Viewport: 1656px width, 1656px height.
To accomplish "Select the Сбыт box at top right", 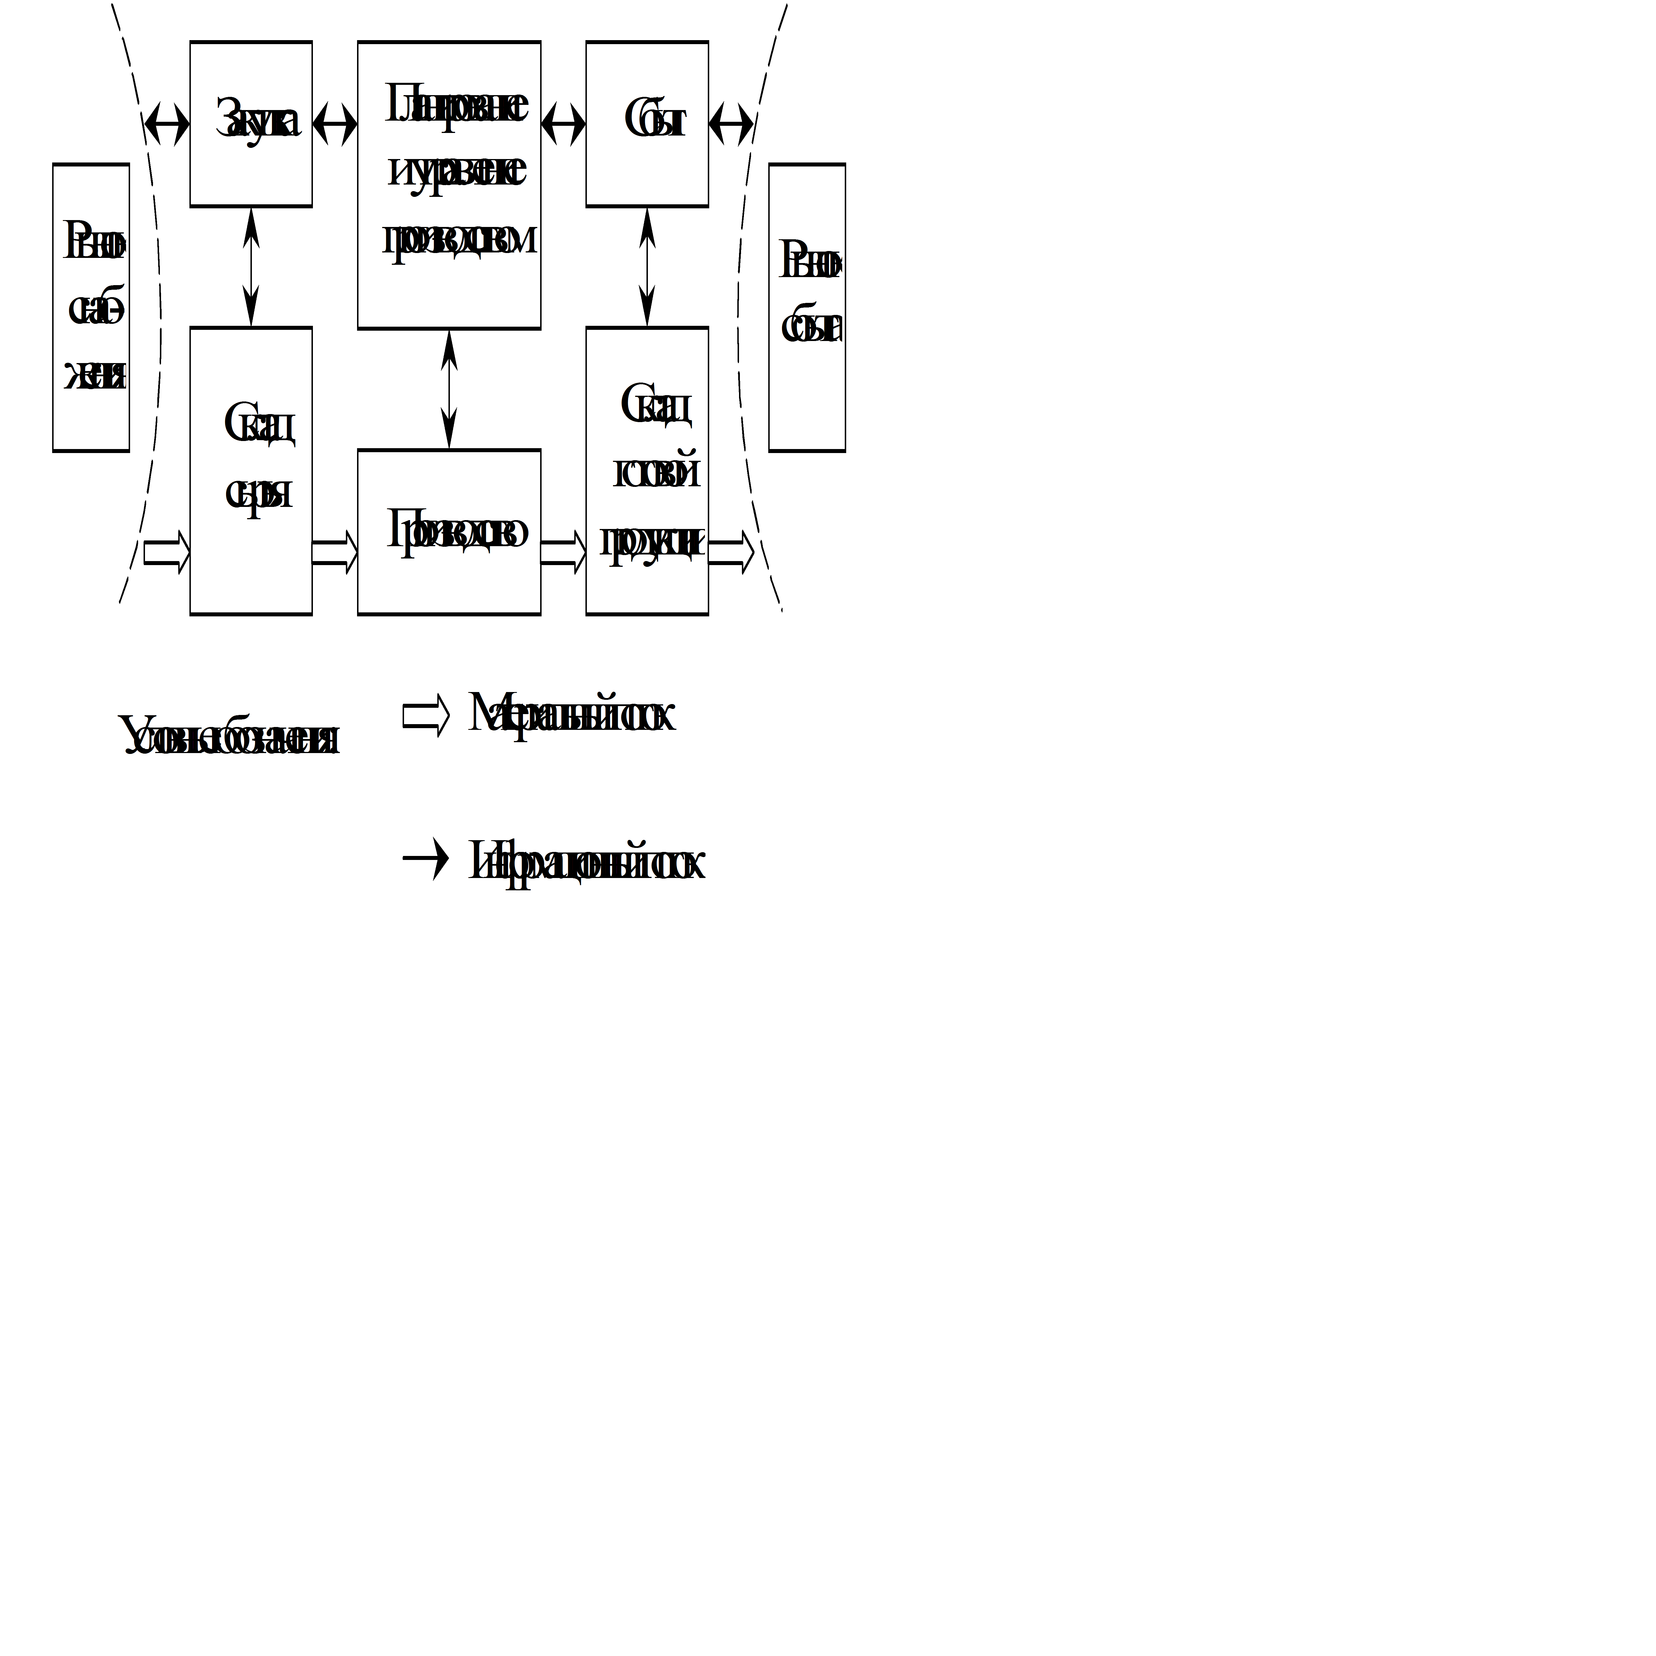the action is (x=647, y=124).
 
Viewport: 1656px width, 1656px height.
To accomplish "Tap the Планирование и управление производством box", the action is (x=449, y=184).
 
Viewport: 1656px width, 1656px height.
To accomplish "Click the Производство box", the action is (x=449, y=532).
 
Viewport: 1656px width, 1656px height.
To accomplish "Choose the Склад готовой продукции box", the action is (x=647, y=471).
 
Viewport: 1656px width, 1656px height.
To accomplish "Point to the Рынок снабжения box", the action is (x=91, y=307).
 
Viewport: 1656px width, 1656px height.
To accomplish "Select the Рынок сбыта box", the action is (x=807, y=307).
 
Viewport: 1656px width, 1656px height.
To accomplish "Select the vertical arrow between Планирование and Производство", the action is (x=449, y=389).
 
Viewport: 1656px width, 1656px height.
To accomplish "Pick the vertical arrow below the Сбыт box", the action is (x=647, y=266).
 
